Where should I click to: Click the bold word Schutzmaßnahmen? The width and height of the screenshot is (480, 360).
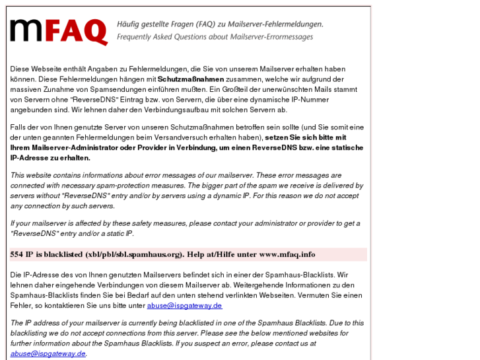191,79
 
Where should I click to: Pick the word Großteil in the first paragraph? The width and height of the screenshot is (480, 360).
269,89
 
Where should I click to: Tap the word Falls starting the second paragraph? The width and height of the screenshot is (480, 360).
18,127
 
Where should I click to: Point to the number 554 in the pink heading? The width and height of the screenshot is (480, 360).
17,254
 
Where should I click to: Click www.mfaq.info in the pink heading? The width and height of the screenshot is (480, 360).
287,254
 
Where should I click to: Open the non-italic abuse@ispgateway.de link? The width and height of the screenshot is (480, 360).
184,306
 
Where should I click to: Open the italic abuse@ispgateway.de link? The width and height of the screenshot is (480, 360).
48,353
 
